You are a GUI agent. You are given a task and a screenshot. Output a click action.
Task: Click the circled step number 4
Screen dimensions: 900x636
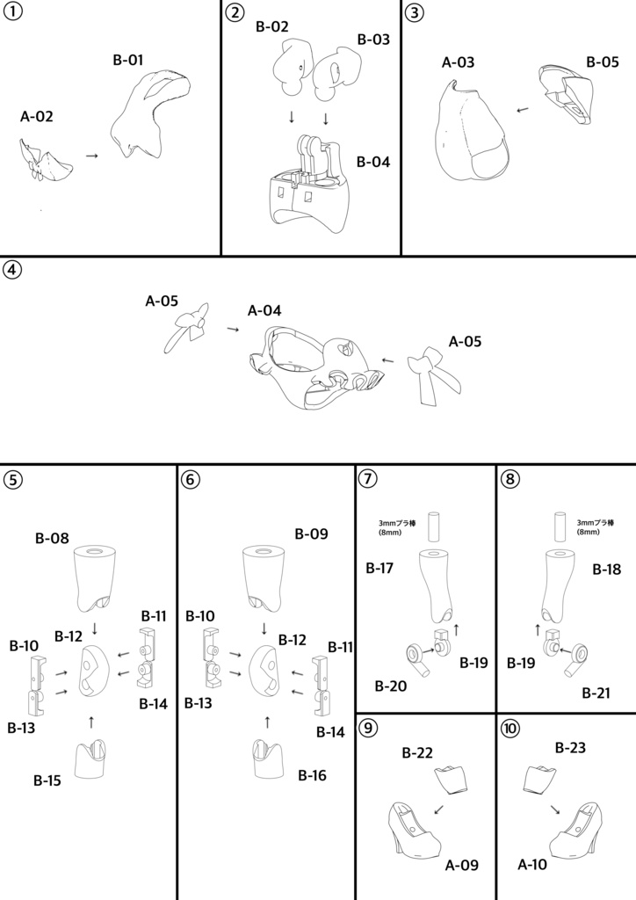pyautogui.click(x=12, y=270)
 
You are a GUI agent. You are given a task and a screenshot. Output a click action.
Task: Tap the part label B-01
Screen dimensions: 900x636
pyautogui.click(x=129, y=61)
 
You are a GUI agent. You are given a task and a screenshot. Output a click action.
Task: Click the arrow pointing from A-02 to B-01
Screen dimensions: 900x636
pyautogui.click(x=91, y=155)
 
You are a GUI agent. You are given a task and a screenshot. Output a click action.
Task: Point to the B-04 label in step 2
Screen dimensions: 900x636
pyautogui.click(x=373, y=162)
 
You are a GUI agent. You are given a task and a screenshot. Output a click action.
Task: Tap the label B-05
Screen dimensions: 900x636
pyautogui.click(x=603, y=62)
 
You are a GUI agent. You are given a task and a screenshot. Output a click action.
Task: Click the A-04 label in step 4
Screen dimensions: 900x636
pyautogui.click(x=264, y=310)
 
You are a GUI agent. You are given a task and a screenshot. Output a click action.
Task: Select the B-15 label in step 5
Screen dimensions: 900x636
pyautogui.click(x=49, y=780)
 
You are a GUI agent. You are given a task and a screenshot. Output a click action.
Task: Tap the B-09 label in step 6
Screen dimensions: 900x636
pyautogui.click(x=311, y=533)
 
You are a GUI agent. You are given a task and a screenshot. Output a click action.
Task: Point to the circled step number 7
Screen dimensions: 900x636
pyautogui.click(x=369, y=479)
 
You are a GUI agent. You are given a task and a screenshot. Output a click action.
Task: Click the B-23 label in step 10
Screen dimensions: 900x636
pyautogui.click(x=571, y=747)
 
